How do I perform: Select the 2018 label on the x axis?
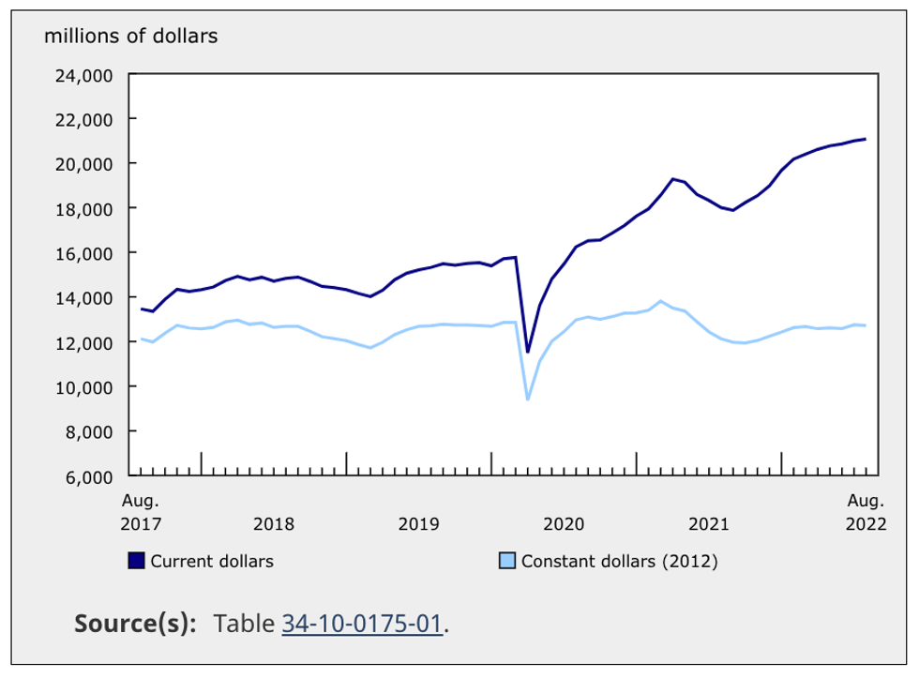pyautogui.click(x=274, y=523)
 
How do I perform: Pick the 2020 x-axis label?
pyautogui.click(x=564, y=523)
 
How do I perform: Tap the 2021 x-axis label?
pyautogui.click(x=709, y=523)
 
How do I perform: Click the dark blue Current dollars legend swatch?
pyautogui.click(x=137, y=561)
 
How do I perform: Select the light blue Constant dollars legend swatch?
pyautogui.click(x=507, y=561)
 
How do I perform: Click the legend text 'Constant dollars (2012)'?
pyautogui.click(x=619, y=561)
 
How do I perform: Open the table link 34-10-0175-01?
pyautogui.click(x=362, y=624)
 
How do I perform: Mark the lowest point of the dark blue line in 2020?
pyautogui.click(x=528, y=353)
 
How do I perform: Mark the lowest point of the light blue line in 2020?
pyautogui.click(x=528, y=399)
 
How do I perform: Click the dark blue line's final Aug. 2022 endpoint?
pyautogui.click(x=865, y=139)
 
